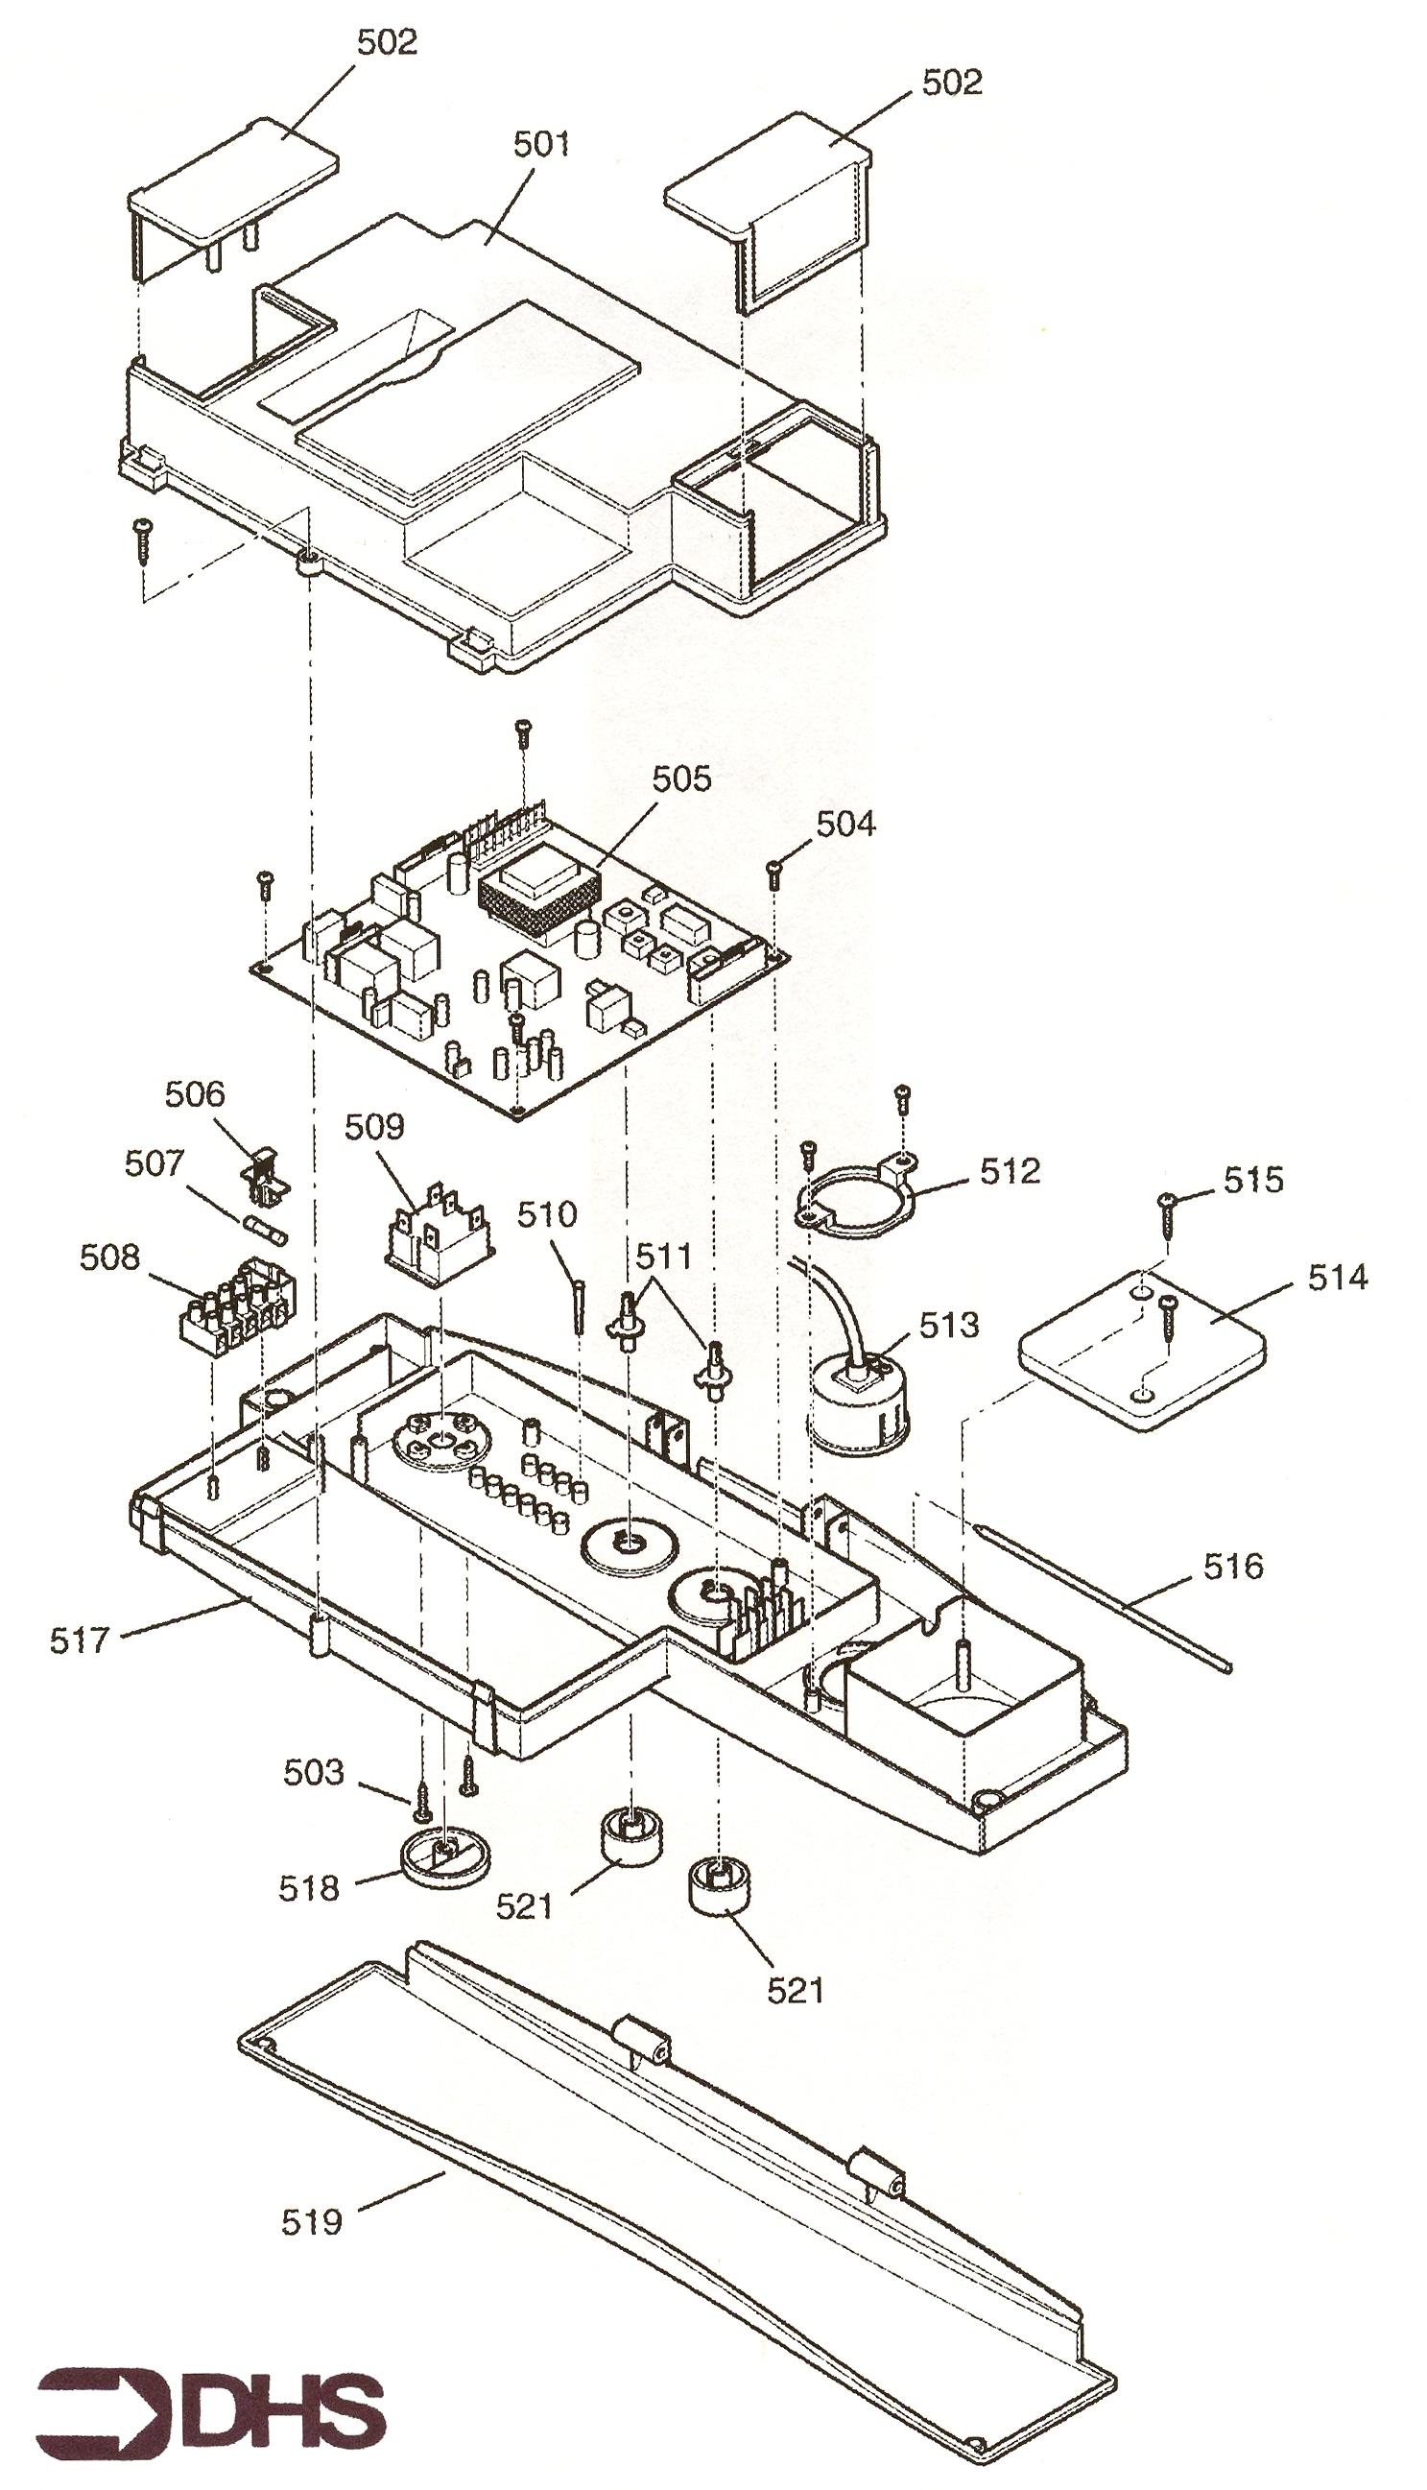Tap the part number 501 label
pos(542,144)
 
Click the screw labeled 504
pos(774,872)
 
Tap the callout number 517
pos(82,1640)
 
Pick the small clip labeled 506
pos(265,1173)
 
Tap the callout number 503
pos(315,1772)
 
